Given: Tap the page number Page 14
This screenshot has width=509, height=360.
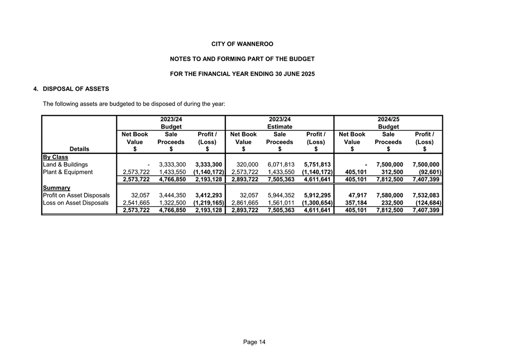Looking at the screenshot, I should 254,342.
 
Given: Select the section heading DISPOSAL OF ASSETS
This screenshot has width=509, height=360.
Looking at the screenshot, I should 75,89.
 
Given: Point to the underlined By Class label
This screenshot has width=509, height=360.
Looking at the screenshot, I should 55,157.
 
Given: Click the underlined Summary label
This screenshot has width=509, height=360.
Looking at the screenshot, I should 56,188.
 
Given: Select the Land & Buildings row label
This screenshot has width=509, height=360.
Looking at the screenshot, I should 65,164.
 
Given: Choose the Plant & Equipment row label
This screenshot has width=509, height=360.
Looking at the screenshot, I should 68,172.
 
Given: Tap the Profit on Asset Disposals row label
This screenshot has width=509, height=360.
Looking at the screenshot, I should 76,195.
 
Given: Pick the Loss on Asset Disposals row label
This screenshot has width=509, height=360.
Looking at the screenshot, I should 75,203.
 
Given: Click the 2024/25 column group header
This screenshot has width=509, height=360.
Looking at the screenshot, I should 388,119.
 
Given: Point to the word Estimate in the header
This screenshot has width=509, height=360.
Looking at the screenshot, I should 280,127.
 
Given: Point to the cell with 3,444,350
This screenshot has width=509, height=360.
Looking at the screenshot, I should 171,195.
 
